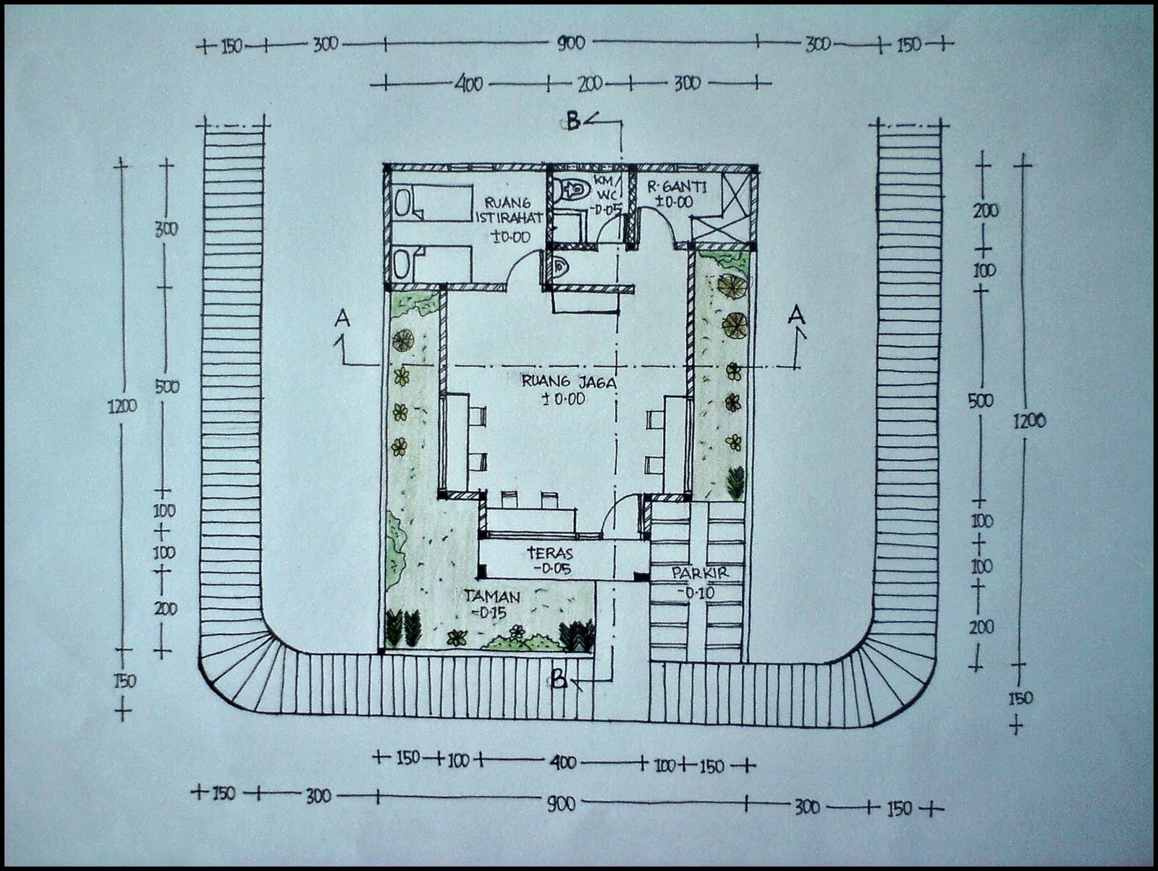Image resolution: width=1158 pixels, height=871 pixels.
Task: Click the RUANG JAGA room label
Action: [569, 382]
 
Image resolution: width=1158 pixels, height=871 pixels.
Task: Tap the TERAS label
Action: [550, 553]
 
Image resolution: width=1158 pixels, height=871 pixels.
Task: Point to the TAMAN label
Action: [491, 597]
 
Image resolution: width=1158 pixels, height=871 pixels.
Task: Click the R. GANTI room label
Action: [677, 186]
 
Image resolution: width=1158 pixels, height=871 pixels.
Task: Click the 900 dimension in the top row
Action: [571, 43]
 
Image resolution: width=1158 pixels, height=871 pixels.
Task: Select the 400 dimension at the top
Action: [468, 84]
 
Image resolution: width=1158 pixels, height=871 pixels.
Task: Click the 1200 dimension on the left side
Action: [123, 407]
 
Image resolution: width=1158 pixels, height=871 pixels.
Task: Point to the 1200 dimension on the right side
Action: [1029, 421]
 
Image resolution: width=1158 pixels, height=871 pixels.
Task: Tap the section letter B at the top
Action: [572, 122]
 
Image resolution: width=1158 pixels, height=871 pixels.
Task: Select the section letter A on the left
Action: [342, 318]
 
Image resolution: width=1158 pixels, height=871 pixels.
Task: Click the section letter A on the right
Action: [796, 316]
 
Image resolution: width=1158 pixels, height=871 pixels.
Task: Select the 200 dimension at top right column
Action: [986, 211]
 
